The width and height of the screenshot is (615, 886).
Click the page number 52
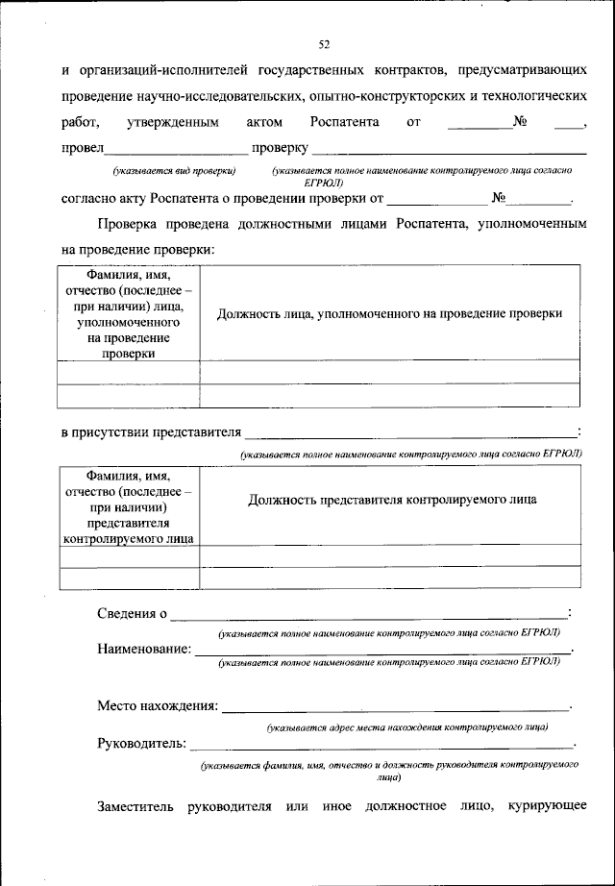(324, 43)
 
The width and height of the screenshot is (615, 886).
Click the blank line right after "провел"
(175, 150)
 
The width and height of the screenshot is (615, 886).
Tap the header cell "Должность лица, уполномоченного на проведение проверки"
(389, 313)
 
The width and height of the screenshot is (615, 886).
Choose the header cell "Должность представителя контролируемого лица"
(392, 500)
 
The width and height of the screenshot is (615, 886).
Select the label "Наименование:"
(143, 649)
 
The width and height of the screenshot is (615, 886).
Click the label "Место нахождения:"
(157, 706)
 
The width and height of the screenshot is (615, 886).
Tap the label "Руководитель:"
(142, 743)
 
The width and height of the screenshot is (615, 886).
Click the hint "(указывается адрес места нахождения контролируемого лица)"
(407, 727)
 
